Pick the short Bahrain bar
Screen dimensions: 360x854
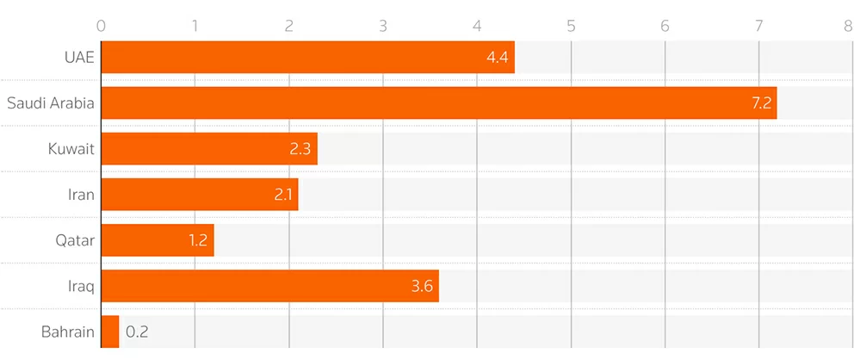click(x=110, y=331)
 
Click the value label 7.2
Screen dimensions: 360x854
click(x=761, y=103)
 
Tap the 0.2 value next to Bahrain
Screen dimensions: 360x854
click(x=137, y=331)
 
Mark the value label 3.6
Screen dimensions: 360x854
click(x=423, y=285)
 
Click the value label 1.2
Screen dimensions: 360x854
click(x=198, y=240)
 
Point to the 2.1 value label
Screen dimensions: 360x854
click(x=284, y=195)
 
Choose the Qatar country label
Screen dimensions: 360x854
click(x=74, y=240)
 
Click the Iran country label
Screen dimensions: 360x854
click(x=82, y=195)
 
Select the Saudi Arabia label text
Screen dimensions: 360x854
click(x=50, y=103)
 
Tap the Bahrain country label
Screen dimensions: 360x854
click(x=67, y=331)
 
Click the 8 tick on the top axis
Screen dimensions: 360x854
click(x=849, y=26)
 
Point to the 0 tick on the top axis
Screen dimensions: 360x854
click(x=102, y=26)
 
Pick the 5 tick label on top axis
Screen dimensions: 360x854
click(x=571, y=26)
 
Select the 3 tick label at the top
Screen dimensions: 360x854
click(x=383, y=26)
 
